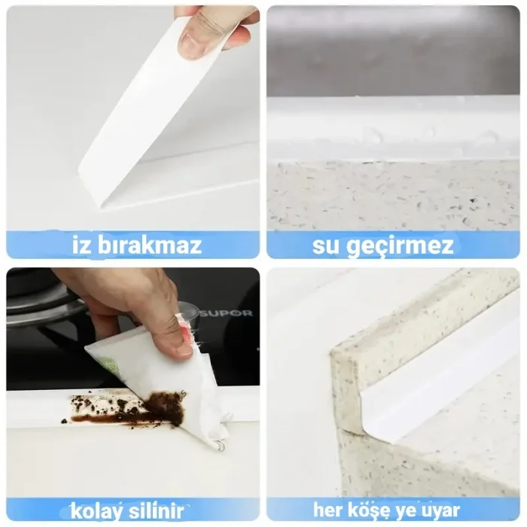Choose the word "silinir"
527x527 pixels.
click(x=162, y=509)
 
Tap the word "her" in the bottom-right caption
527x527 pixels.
click(x=329, y=510)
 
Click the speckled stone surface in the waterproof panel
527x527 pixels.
click(x=391, y=196)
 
